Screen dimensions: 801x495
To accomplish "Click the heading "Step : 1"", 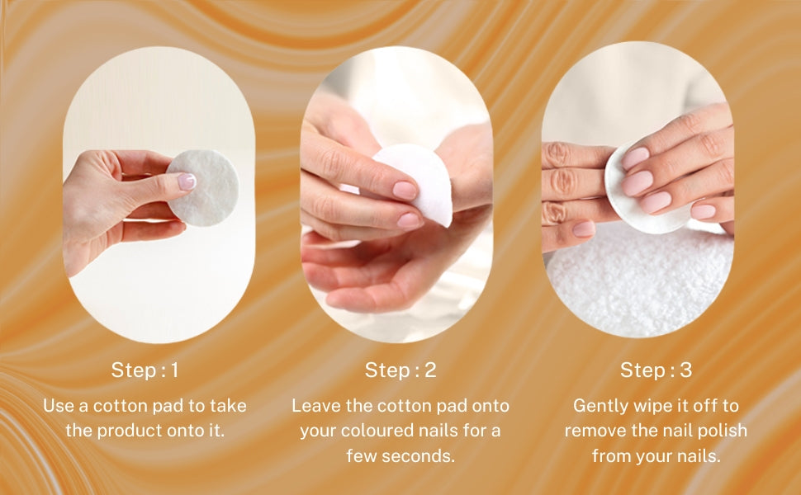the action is point(145,370).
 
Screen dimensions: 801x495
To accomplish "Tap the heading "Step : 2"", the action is point(400,370).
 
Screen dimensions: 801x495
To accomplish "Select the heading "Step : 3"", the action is point(656,370).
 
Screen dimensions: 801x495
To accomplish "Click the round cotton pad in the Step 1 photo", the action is point(203,188).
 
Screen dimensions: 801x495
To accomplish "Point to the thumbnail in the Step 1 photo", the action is point(187,181).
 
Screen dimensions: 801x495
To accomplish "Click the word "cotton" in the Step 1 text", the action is point(120,406).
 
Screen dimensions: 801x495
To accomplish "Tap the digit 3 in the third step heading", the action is point(685,370).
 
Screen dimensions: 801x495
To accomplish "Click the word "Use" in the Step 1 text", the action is point(58,406).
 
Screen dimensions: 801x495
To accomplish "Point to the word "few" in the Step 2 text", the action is point(361,455).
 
